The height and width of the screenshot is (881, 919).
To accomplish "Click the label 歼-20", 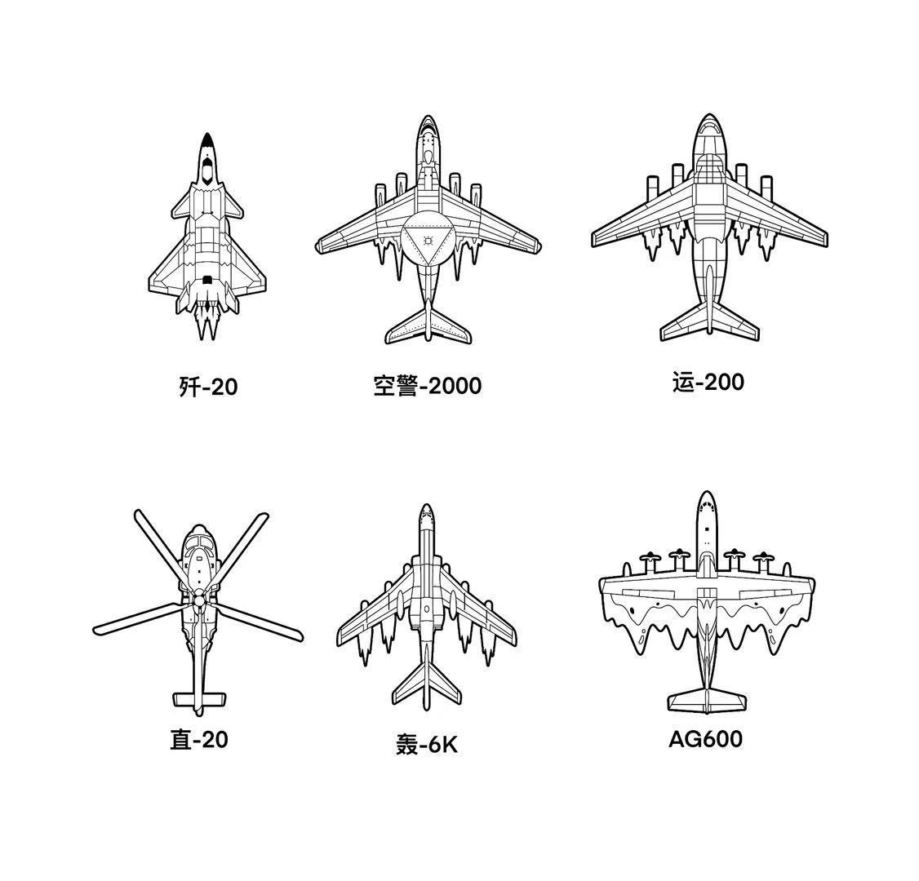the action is tap(208, 386).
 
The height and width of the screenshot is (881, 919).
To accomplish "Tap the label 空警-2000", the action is tap(427, 385).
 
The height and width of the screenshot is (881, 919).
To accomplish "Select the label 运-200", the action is tap(708, 382).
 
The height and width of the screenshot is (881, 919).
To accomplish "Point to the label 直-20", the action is tap(199, 740).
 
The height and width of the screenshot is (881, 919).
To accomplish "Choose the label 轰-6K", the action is tap(427, 745).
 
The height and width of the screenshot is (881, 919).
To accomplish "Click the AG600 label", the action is tap(705, 739).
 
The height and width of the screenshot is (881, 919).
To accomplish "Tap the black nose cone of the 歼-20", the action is tap(207, 143).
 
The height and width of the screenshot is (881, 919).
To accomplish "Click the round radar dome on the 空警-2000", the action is tap(428, 241).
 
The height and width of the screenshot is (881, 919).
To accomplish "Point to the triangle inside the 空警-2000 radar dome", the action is tap(428, 241).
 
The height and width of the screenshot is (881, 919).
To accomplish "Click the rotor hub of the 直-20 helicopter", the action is tap(199, 601).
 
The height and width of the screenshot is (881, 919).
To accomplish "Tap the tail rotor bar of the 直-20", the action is tap(199, 699).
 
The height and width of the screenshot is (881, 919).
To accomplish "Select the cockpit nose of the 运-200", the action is tap(708, 128).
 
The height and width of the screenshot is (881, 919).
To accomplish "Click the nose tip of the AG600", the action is tap(707, 495).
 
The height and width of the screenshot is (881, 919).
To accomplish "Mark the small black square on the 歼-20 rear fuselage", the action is tap(207, 280).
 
